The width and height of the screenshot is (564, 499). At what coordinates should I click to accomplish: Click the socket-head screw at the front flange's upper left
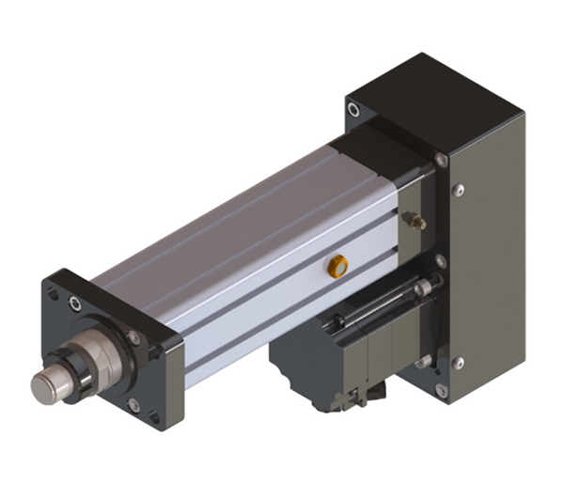(74, 303)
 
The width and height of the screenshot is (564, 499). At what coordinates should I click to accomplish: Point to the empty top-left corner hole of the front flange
(54, 292)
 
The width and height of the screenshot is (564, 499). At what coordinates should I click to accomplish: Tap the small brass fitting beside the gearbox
(412, 221)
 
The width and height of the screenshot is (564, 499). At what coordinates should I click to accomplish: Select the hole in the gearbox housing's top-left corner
(353, 111)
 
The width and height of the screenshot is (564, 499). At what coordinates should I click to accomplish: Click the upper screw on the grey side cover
(459, 191)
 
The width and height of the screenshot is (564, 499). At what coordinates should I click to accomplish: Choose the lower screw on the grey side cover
(459, 363)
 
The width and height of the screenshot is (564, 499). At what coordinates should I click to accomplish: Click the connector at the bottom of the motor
(349, 400)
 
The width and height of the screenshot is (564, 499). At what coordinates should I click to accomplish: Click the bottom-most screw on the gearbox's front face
(439, 389)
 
